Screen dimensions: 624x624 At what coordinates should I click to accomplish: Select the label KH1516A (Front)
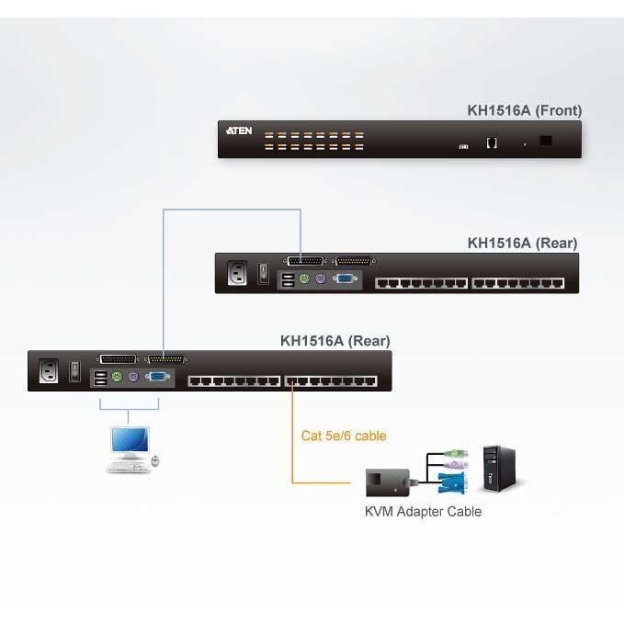point(524,111)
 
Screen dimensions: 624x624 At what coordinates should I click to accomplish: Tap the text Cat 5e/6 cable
point(344,436)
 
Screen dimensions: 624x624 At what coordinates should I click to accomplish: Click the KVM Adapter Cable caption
point(423,511)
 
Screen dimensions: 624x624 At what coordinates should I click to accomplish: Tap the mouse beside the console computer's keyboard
point(154,459)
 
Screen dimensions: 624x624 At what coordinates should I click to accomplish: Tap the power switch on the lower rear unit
point(76,372)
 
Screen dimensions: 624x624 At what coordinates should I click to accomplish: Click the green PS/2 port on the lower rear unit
point(117,376)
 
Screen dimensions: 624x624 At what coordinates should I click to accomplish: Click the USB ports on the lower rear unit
point(99,376)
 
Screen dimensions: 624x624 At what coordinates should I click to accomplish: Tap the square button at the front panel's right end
point(547,141)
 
